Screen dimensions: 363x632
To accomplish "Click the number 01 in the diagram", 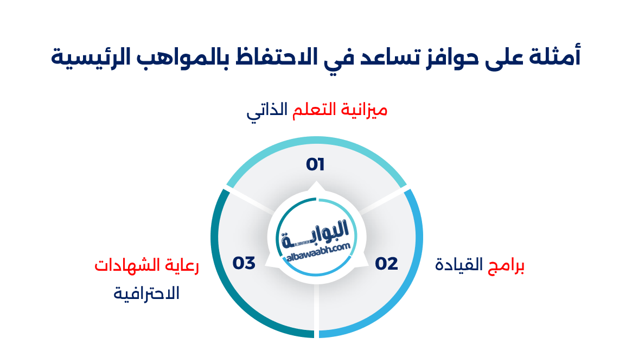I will pos(315,164).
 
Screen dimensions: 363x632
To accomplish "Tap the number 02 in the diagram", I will pos(386,264).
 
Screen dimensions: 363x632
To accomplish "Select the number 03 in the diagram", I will pos(244,263).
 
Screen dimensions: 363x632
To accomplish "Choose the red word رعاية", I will pos(182,265).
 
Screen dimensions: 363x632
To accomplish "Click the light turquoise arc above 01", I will pos(316,144).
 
